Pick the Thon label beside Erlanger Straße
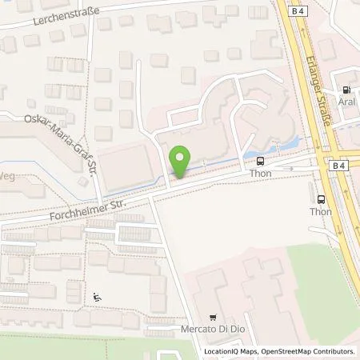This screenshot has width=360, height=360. pos(321,212)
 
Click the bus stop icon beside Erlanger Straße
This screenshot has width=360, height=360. pos(321,199)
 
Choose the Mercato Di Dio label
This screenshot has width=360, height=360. pos(213,330)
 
